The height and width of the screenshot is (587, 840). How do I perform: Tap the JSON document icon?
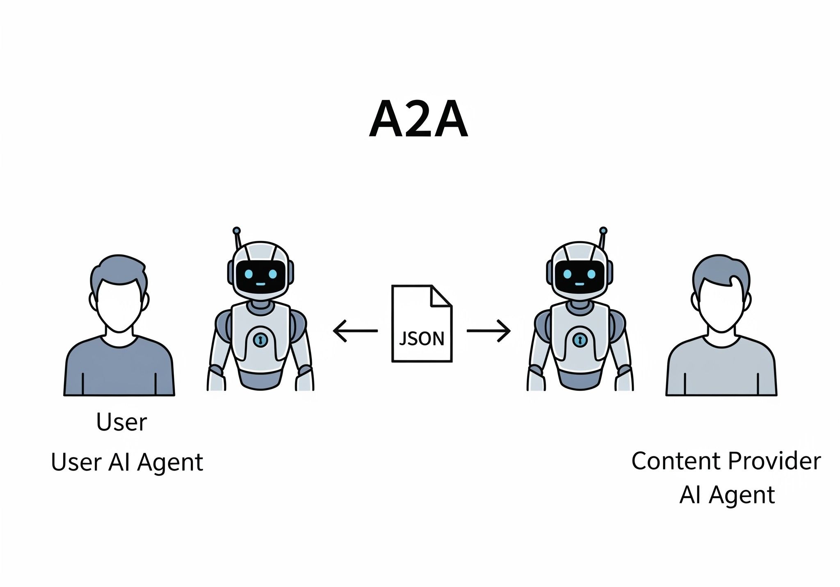(x=422, y=324)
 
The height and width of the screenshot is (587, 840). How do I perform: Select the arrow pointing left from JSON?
(x=355, y=331)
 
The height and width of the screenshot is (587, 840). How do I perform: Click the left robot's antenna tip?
(x=236, y=231)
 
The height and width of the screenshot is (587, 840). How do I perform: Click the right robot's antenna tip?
(x=603, y=231)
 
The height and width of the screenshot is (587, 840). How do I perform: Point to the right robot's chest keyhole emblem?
(x=579, y=340)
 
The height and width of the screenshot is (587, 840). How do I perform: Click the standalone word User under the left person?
(x=121, y=422)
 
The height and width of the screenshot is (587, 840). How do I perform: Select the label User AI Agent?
(x=127, y=462)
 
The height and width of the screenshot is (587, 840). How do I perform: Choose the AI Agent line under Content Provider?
(x=727, y=495)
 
